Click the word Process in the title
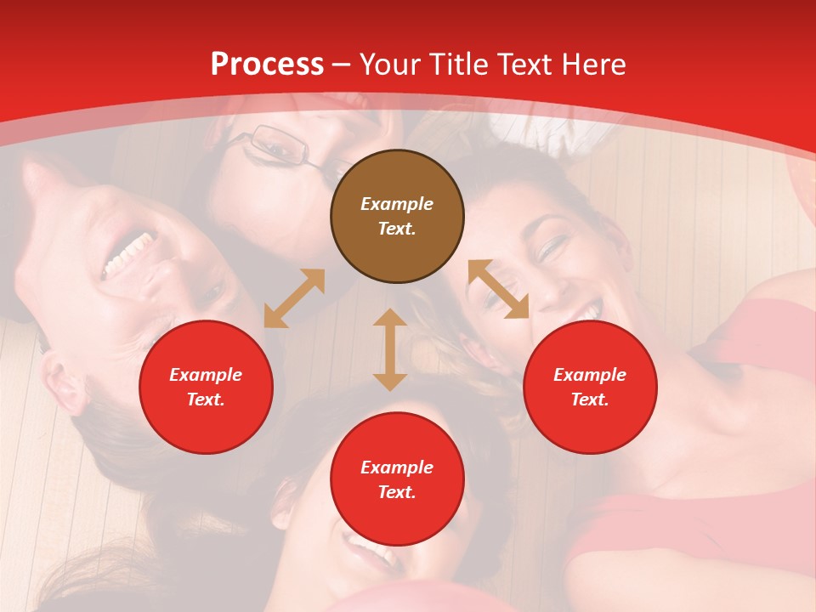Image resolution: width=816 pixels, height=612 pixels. (267, 65)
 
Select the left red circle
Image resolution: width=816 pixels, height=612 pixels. (206, 387)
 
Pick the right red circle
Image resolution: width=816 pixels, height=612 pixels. (590, 387)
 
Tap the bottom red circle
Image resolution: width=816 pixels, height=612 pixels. (397, 479)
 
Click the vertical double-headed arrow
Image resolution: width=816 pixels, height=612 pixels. (390, 349)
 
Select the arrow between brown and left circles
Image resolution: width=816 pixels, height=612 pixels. (294, 298)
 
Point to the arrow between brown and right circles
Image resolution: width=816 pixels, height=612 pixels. (498, 290)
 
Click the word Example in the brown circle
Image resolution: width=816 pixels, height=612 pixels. (397, 204)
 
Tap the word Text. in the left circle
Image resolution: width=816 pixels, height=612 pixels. (206, 399)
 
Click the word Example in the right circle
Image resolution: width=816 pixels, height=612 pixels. (590, 375)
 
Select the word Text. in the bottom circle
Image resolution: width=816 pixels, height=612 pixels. (397, 492)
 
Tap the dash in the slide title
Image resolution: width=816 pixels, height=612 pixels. (342, 65)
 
